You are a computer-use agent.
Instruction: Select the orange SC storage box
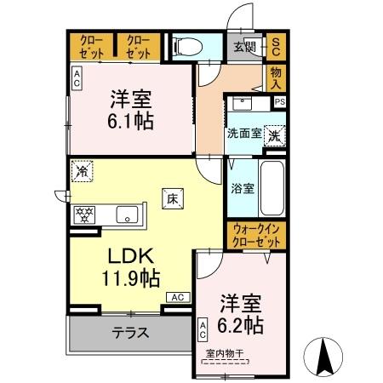[277, 47]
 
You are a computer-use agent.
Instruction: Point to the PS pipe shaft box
[278, 102]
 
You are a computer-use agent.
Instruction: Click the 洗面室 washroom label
[243, 134]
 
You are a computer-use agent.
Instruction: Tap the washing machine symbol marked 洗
[275, 134]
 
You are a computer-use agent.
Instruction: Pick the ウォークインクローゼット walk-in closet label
[257, 235]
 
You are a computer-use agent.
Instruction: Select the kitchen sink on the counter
[127, 214]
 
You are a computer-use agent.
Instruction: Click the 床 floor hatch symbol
[171, 201]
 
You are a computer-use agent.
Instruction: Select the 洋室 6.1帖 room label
[130, 109]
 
